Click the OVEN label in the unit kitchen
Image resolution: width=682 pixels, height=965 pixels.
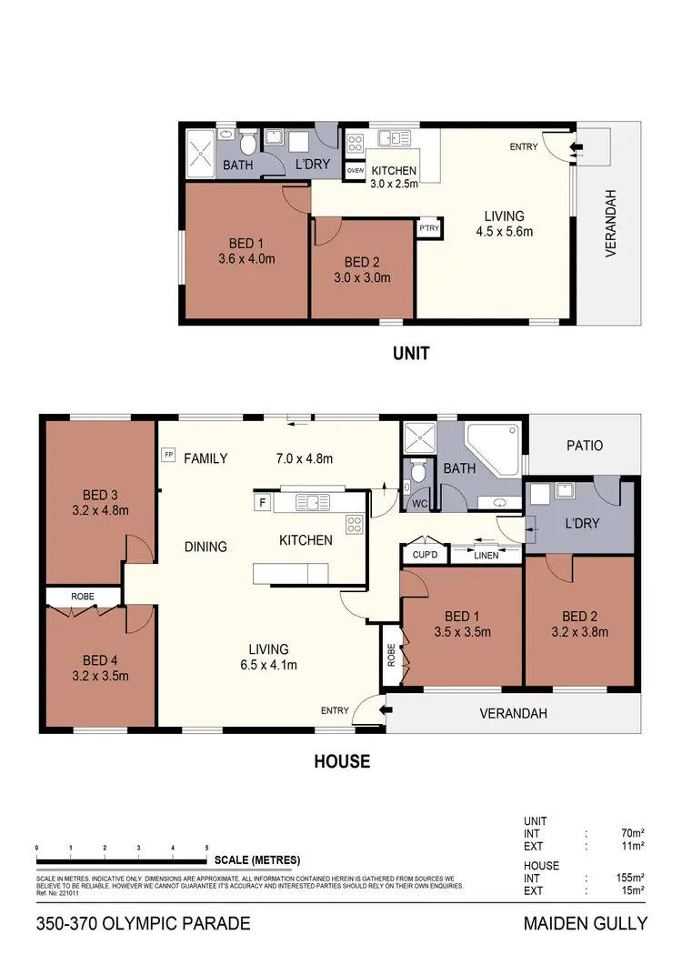356,170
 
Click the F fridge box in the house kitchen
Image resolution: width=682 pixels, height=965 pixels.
263,501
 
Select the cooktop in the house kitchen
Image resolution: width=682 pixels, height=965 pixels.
355,524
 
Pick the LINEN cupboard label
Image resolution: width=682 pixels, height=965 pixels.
486,554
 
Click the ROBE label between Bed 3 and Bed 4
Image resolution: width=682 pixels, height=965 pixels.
83,596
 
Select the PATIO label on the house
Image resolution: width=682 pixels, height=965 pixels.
584,446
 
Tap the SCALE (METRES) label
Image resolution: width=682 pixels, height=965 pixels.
257,859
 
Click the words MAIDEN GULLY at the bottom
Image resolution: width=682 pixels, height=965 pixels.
586,924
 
